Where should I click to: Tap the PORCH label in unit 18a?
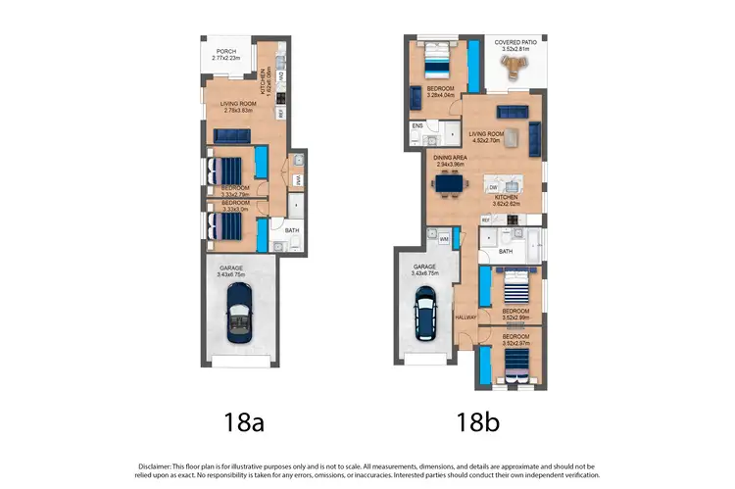coord(226,53)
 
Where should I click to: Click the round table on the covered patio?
coord(514,66)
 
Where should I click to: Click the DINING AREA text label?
coord(452,157)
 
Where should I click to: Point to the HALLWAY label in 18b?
coord(465,318)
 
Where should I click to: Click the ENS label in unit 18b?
coord(416,126)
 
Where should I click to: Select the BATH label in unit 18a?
coord(291,232)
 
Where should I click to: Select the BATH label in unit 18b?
coord(505,252)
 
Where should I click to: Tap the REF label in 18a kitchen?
coord(280,113)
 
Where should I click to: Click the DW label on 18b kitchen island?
coord(494,186)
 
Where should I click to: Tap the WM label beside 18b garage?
coord(443,239)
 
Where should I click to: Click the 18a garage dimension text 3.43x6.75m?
coord(231,275)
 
